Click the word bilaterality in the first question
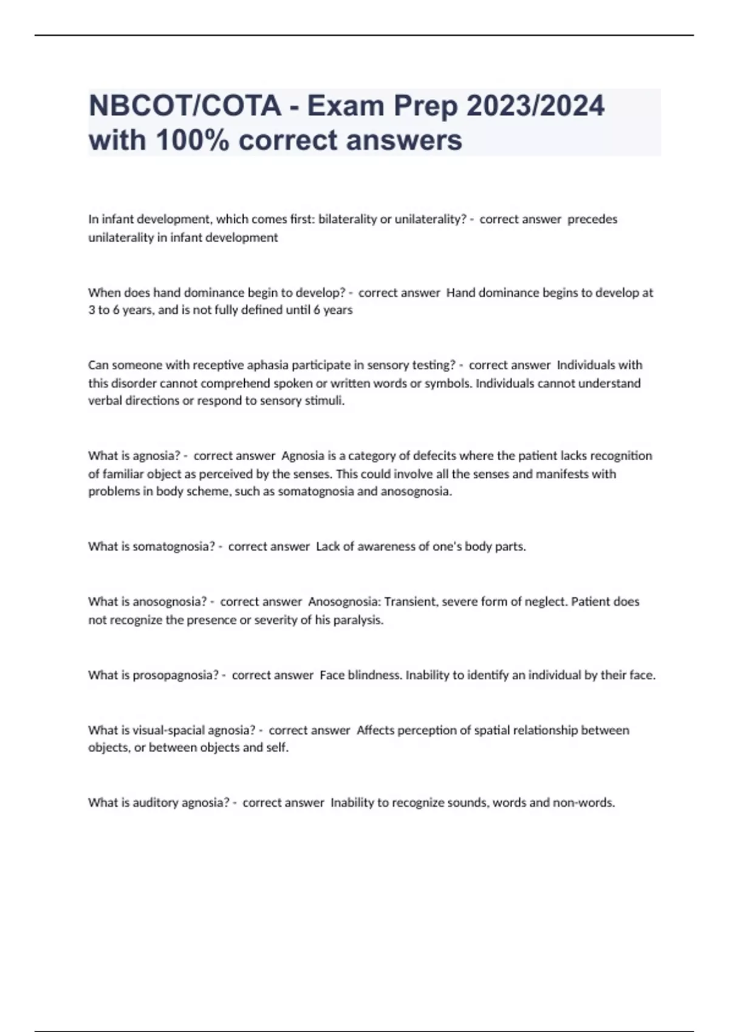tap(347, 219)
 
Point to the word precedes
tap(592, 219)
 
